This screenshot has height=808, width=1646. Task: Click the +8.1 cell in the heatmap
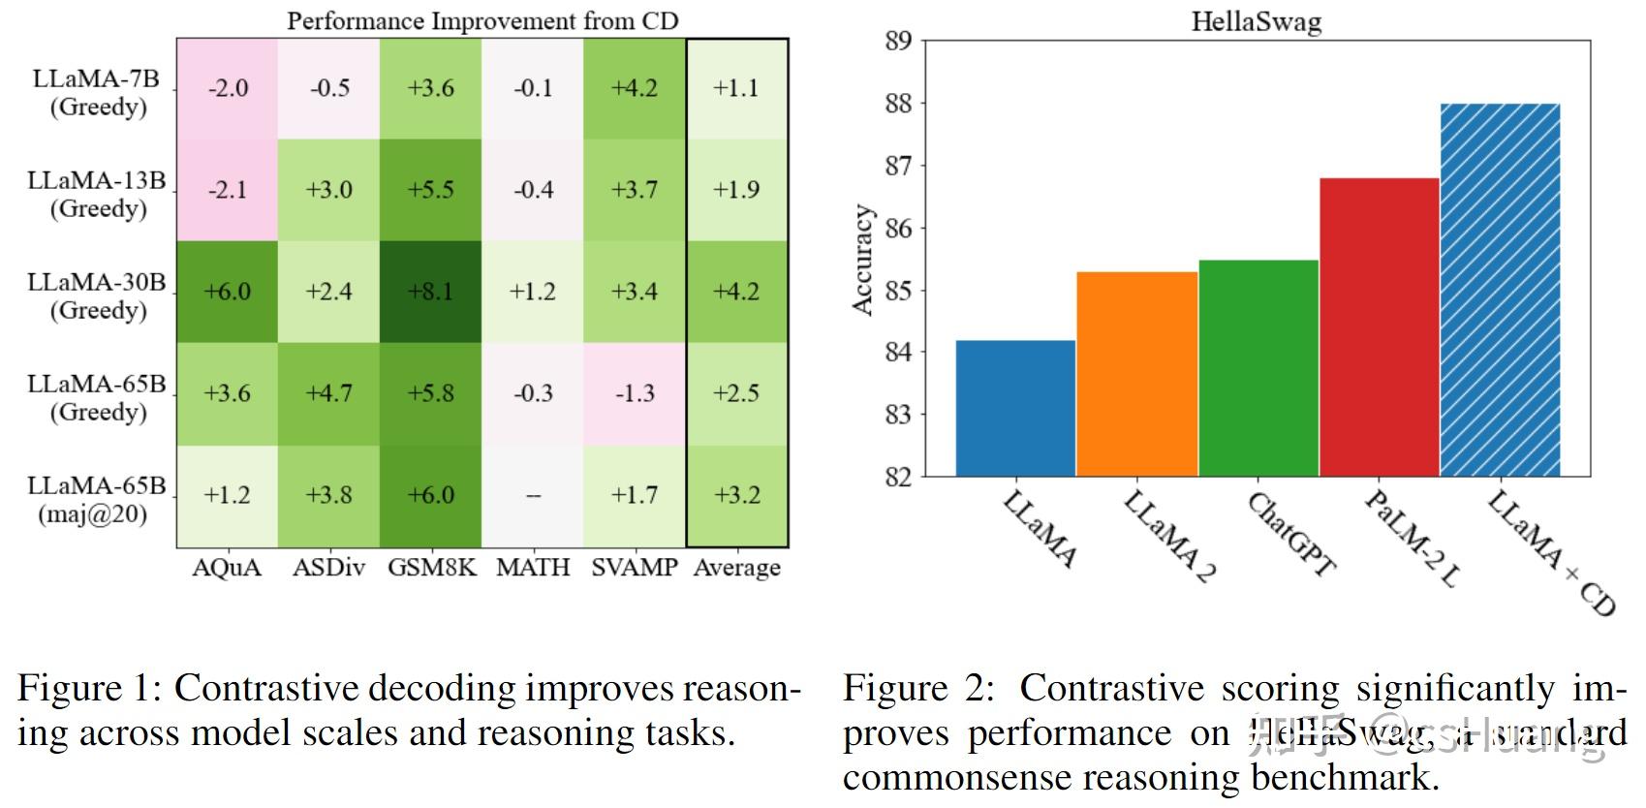pyautogui.click(x=430, y=291)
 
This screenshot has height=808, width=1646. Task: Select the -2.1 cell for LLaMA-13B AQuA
pyautogui.click(x=228, y=190)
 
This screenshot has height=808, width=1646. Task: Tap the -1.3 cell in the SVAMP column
pyautogui.click(x=635, y=393)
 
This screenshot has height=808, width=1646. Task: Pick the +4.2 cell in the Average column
pyautogui.click(x=736, y=291)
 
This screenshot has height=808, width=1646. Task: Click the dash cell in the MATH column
pyautogui.click(x=533, y=495)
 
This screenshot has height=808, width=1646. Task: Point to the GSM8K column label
pyautogui.click(x=432, y=568)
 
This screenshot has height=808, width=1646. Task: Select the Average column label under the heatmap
pyautogui.click(x=736, y=568)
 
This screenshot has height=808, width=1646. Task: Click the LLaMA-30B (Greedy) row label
pyautogui.click(x=97, y=295)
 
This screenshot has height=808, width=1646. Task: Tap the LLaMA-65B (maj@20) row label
pyautogui.click(x=97, y=499)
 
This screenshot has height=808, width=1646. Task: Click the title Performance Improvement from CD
pyautogui.click(x=482, y=20)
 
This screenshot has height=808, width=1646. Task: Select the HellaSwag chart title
pyautogui.click(x=1256, y=21)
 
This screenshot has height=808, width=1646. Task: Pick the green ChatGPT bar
pyautogui.click(x=1258, y=368)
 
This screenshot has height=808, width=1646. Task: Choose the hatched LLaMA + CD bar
pyautogui.click(x=1500, y=290)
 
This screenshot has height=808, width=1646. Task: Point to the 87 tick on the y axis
pyautogui.click(x=898, y=166)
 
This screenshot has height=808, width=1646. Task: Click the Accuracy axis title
pyautogui.click(x=862, y=260)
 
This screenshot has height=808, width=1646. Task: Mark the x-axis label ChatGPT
pyautogui.click(x=1290, y=535)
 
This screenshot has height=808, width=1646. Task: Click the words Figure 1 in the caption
pyautogui.click(x=83, y=688)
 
